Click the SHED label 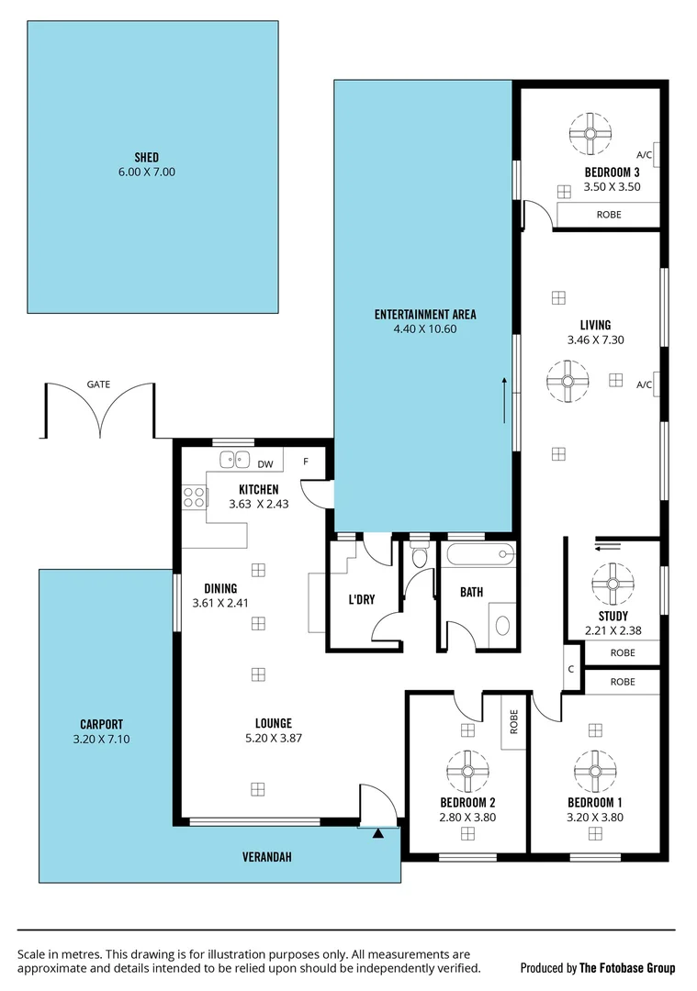146,157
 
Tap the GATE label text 98,384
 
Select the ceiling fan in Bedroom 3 588,133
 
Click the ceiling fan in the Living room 568,380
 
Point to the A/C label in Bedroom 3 644,155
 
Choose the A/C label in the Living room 644,384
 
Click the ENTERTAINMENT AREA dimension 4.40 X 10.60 424,329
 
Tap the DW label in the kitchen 265,464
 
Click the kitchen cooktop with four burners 195,497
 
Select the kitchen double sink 235,461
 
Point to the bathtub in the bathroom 478,554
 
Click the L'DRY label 360,601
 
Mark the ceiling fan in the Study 612,582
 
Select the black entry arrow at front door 377,833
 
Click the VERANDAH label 266,857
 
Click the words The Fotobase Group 628,968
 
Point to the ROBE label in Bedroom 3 609,215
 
